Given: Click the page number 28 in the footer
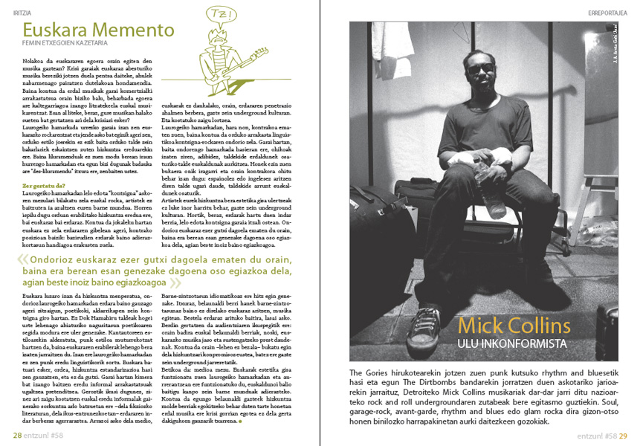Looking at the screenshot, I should point(16,436).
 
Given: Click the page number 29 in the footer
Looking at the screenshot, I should point(624,436).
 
